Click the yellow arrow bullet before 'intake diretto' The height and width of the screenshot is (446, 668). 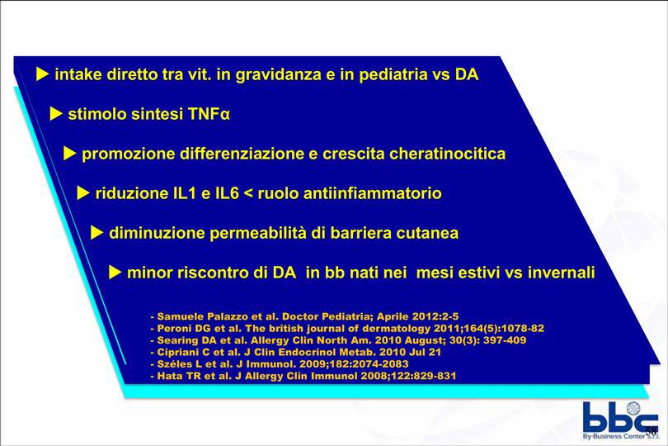[x=42, y=74]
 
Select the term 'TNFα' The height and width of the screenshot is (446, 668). [x=209, y=114]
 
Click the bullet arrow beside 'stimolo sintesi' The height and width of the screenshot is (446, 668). [x=56, y=114]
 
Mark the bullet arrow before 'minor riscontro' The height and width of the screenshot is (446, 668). [x=115, y=273]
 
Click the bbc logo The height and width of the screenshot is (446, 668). [x=620, y=420]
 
